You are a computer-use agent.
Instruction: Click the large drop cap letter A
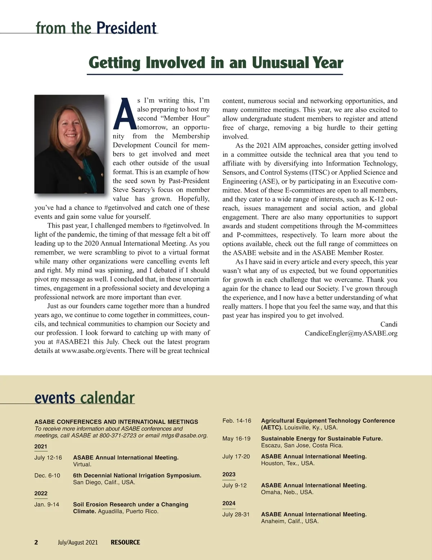(125, 114)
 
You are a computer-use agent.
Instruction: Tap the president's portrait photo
(69, 144)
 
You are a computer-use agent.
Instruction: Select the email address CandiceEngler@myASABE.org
(351, 333)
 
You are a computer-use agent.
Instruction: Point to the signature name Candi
(389, 324)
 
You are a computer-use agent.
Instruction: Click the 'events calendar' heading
(85, 398)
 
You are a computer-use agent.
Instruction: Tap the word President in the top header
(126, 28)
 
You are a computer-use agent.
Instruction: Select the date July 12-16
(48, 458)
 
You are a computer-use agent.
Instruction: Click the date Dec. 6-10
(47, 476)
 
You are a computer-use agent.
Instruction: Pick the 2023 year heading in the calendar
(229, 474)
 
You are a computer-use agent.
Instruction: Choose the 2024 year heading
(229, 503)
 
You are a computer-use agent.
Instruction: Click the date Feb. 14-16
(237, 421)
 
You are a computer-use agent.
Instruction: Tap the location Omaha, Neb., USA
(287, 492)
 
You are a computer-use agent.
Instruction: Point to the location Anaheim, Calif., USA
(289, 521)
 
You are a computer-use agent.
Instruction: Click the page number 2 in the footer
(36, 542)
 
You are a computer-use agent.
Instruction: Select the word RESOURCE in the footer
(125, 542)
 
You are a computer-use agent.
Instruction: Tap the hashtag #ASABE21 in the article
(73, 342)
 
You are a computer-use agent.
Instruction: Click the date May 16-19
(236, 439)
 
